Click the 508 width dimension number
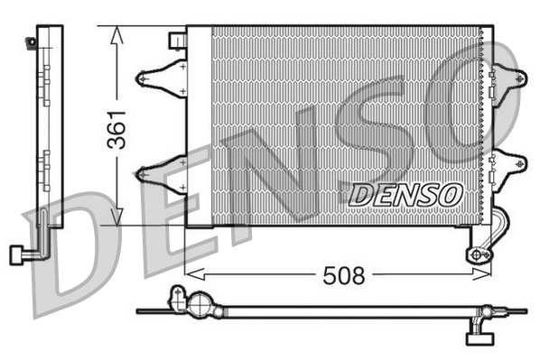(344, 275)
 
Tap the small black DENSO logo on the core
(405, 193)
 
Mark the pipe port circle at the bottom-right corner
(476, 254)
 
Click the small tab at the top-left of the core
(177, 38)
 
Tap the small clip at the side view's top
(34, 41)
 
